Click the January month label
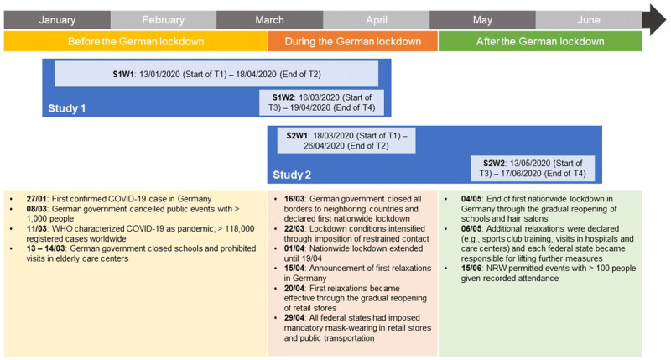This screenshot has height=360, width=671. click(x=57, y=19)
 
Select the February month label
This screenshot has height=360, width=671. click(x=163, y=19)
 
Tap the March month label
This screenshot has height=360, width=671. click(x=269, y=19)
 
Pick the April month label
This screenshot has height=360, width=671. click(x=376, y=19)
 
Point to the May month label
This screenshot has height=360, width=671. click(x=482, y=19)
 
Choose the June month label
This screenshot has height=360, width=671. click(x=589, y=19)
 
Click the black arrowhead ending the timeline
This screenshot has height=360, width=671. click(x=654, y=19)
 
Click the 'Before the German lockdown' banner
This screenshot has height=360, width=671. click(x=136, y=41)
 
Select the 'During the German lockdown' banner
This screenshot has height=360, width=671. click(x=352, y=41)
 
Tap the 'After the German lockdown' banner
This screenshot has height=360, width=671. click(x=540, y=41)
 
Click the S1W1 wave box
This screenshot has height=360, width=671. click(x=223, y=74)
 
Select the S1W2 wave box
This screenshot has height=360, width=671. click(x=322, y=102)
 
